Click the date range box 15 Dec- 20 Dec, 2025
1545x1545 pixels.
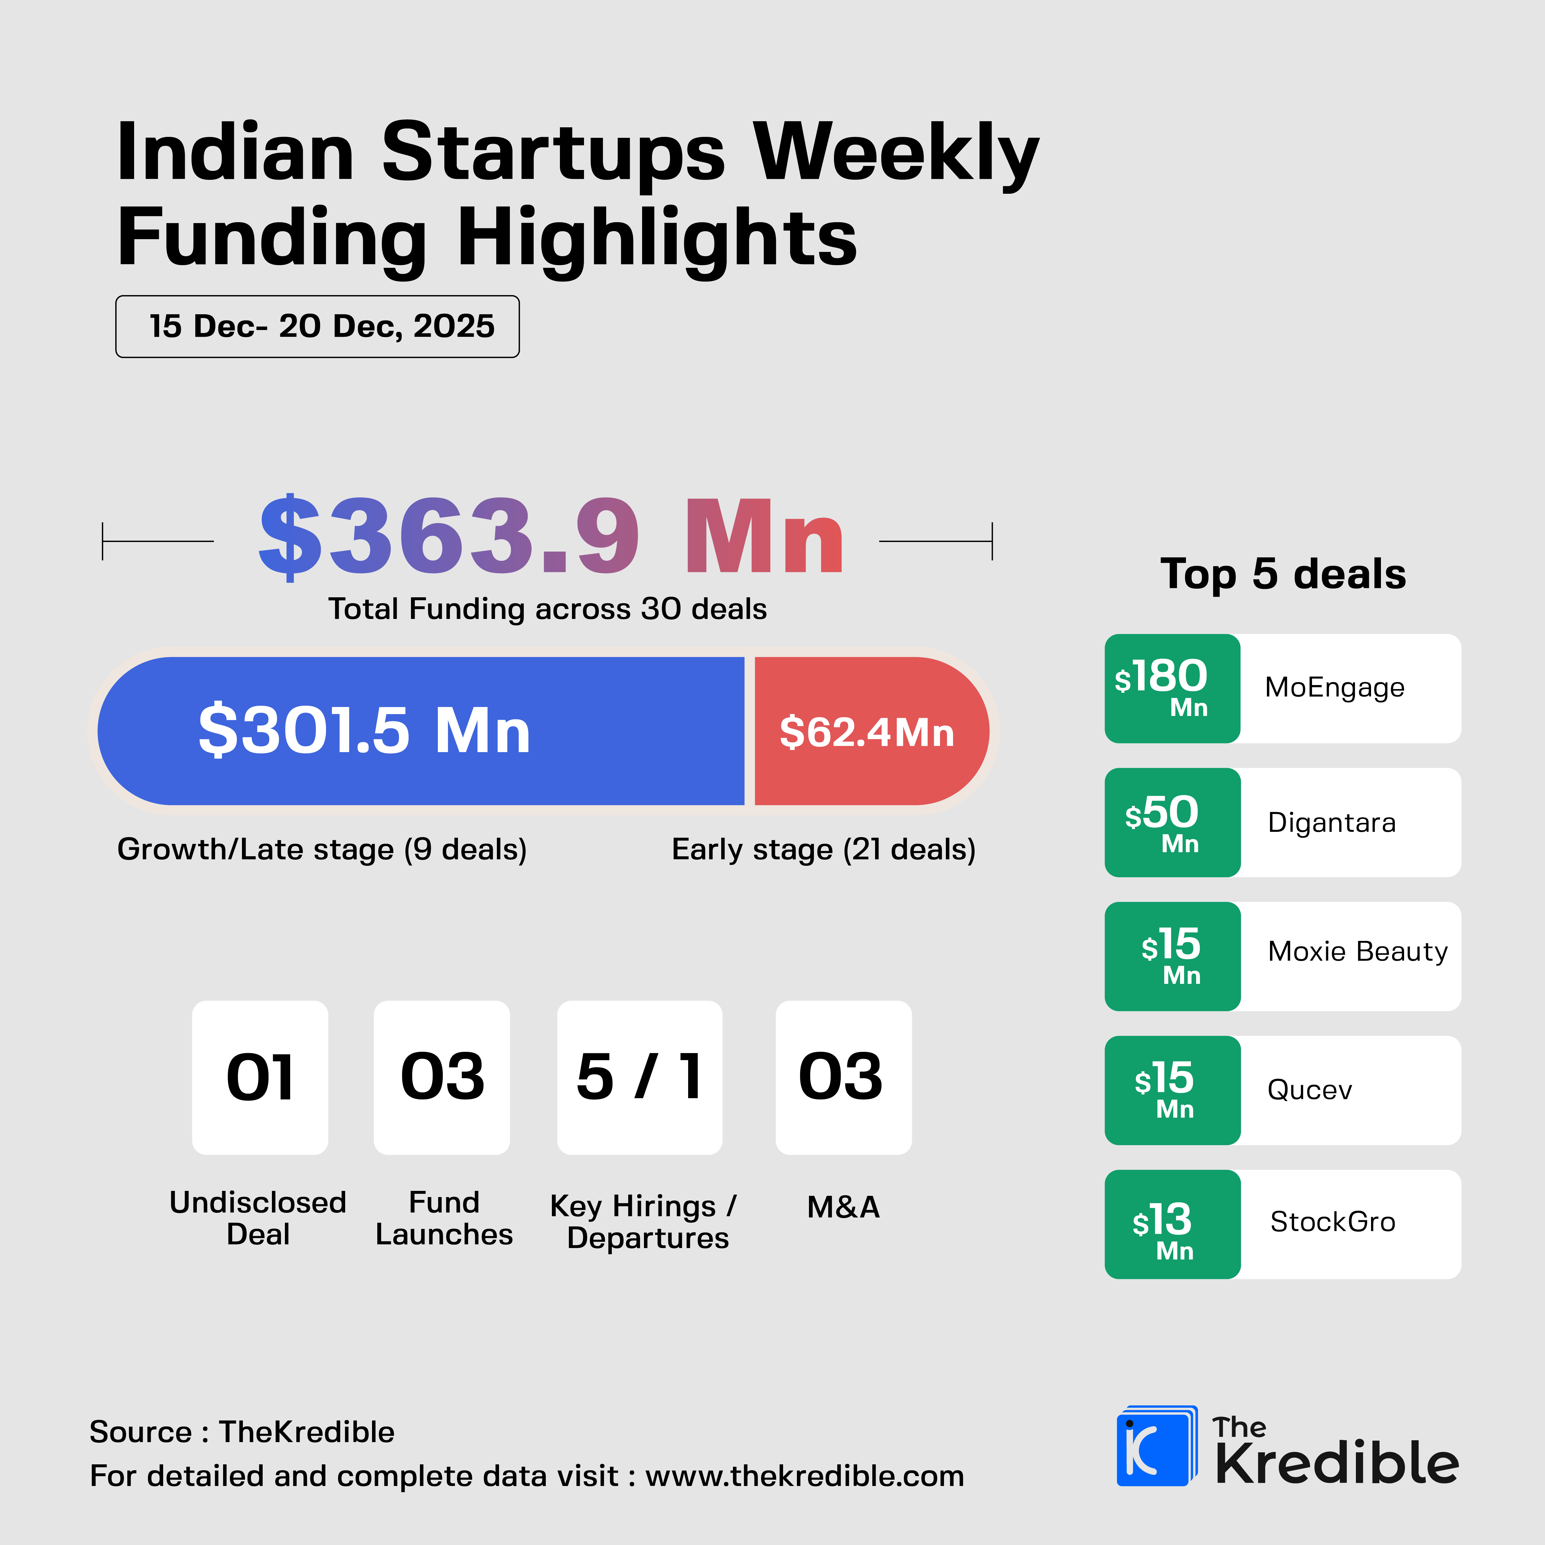[317, 326]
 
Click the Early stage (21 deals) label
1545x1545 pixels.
[824, 849]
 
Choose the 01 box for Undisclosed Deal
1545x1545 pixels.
[260, 1077]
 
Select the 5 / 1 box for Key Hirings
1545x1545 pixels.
[640, 1077]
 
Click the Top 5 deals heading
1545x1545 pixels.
[1283, 574]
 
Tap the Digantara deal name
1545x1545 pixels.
[1331, 823]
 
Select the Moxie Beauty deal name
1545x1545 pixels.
[1357, 952]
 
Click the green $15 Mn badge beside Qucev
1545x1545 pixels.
[1171, 1090]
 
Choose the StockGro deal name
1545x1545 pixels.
[1332, 1222]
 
